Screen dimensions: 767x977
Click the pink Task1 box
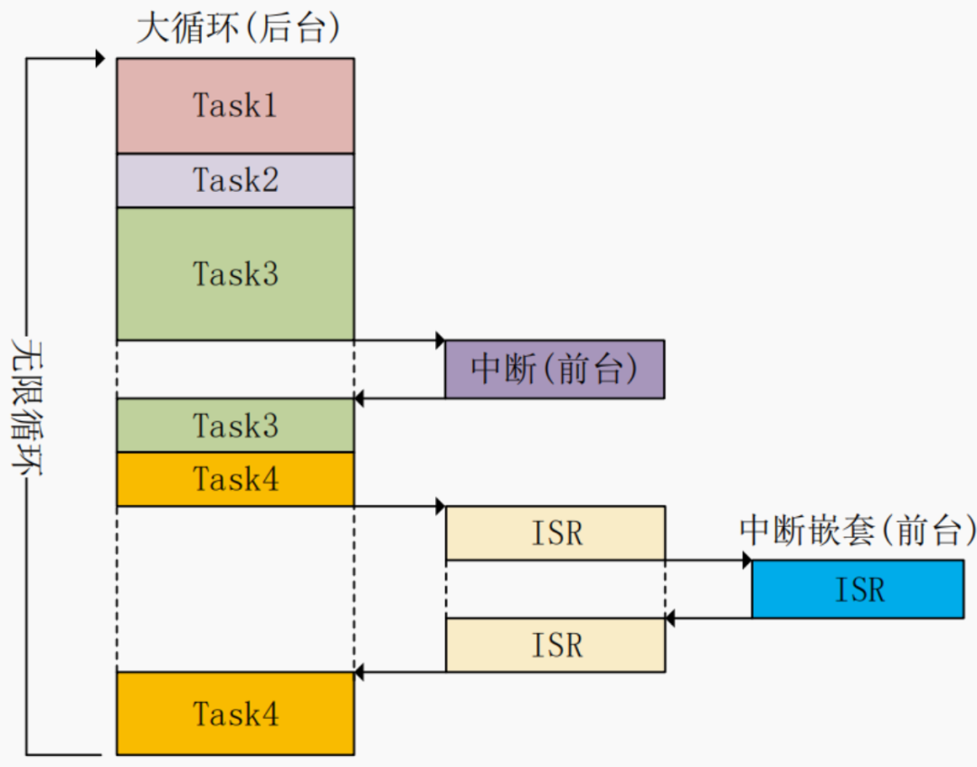coord(235,106)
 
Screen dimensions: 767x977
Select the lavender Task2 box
coord(235,180)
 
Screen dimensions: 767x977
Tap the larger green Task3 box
coord(235,273)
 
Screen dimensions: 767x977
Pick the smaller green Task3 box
coord(235,425)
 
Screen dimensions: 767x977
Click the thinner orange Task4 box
coord(235,479)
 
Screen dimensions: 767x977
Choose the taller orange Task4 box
coord(235,714)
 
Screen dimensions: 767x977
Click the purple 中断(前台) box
coord(555,369)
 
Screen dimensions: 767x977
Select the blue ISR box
coord(858,589)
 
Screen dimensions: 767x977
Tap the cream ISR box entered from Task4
coord(555,532)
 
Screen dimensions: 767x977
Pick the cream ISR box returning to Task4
coord(555,645)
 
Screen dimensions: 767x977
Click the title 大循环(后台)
coord(239,28)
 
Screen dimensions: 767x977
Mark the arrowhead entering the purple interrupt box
coord(440,340)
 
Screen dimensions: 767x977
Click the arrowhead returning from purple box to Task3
coord(359,398)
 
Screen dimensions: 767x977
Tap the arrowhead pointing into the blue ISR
coord(746,561)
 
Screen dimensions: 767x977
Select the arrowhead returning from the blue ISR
coord(670,618)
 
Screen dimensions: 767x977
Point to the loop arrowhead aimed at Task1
coord(100,59)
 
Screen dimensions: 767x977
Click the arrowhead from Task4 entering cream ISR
coord(440,505)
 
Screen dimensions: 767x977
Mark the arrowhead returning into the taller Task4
coord(359,672)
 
